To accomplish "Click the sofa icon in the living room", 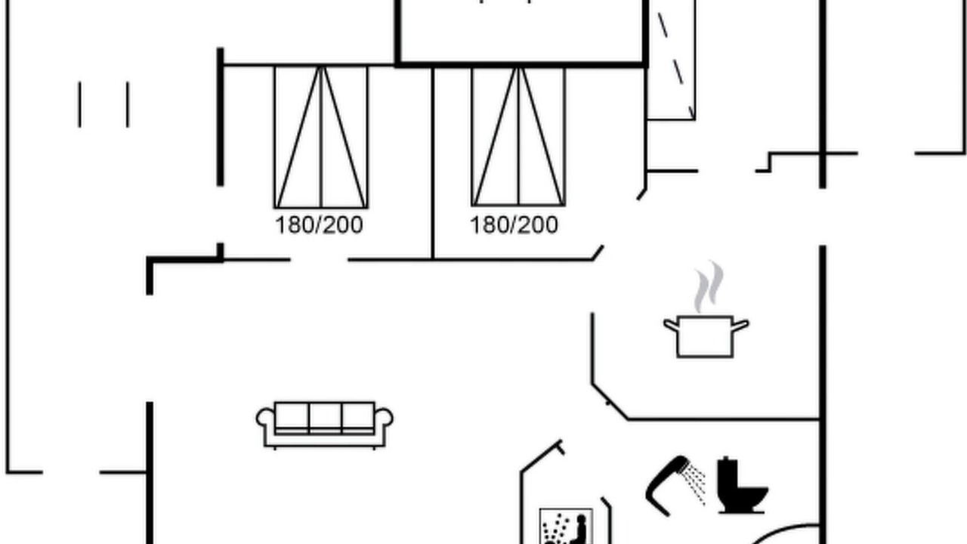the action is (x=325, y=425).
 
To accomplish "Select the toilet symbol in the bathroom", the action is (x=742, y=485).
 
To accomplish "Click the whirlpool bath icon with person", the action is (x=566, y=527).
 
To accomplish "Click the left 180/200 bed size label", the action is (x=319, y=225).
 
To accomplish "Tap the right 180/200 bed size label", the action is (x=514, y=225).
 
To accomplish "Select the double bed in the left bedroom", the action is (x=321, y=137).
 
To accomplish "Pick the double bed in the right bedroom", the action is (x=518, y=137).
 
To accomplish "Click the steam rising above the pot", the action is (x=708, y=286).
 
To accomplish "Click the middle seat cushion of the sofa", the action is (x=326, y=418).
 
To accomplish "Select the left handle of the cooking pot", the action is (x=671, y=325).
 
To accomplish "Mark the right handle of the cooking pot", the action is (x=741, y=325).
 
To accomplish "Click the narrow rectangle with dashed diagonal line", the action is (x=672, y=60).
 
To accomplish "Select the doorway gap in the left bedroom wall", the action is (x=320, y=260).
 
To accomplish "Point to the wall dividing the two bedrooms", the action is (x=433, y=163).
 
